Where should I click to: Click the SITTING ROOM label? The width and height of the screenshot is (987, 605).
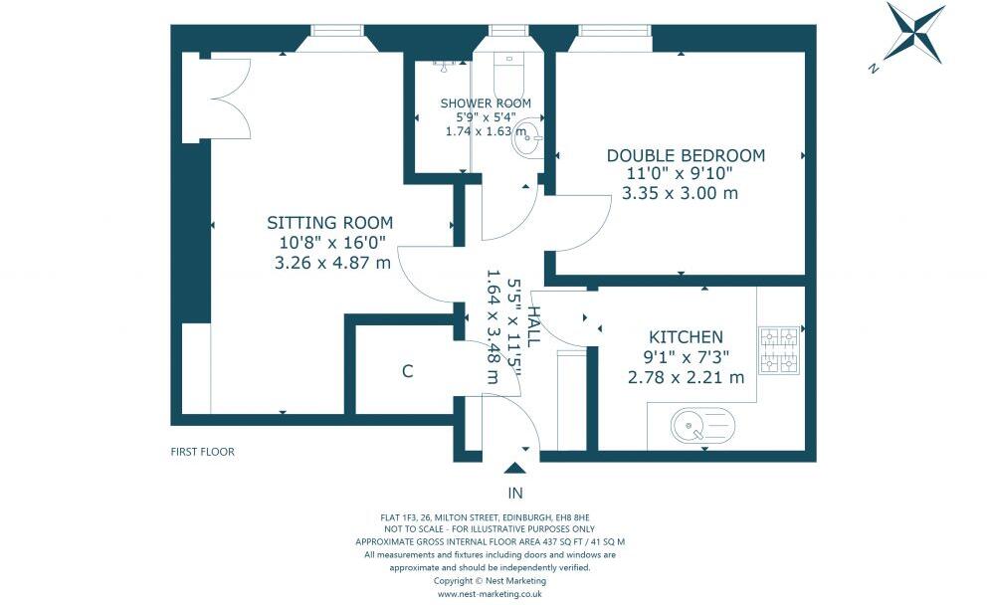pos(330,223)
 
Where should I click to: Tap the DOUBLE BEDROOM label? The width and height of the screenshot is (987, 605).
pos(686,155)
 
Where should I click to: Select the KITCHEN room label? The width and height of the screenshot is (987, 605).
pos(687,336)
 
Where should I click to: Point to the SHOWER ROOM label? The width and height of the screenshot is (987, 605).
pos(486,103)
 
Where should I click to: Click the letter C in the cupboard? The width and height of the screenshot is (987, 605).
pos(408,371)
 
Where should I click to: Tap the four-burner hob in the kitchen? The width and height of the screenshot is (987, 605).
pos(780,350)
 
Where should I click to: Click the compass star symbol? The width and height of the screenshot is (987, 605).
pos(915,33)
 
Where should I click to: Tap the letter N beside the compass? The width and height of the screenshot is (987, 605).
pos(873,69)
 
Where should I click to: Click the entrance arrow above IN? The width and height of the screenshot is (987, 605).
pos(515,468)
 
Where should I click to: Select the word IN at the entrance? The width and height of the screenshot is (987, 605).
pos(515,493)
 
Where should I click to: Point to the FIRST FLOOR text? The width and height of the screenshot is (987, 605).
pos(202,452)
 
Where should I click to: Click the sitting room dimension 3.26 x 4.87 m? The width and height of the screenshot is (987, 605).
pos(332,263)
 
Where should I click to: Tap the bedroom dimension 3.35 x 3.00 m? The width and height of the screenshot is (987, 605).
pos(680,193)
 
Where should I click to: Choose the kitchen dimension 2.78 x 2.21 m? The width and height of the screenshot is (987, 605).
pos(687,378)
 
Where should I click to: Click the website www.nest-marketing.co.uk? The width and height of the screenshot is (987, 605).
pos(490,594)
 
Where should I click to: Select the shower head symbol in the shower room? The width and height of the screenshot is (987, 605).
pos(445,66)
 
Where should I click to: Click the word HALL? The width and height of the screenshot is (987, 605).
pos(533,326)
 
